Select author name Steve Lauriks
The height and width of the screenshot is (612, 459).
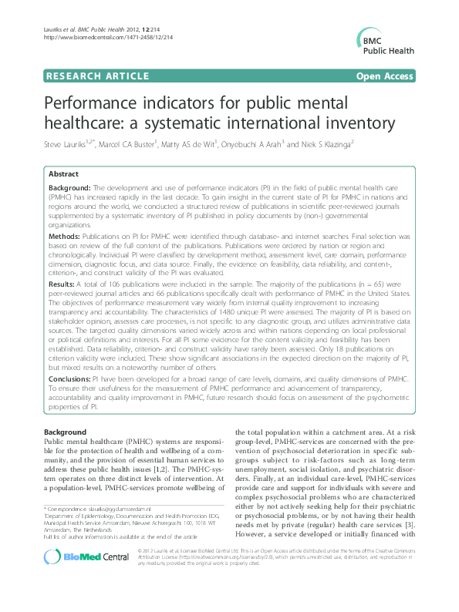(x=66, y=144)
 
